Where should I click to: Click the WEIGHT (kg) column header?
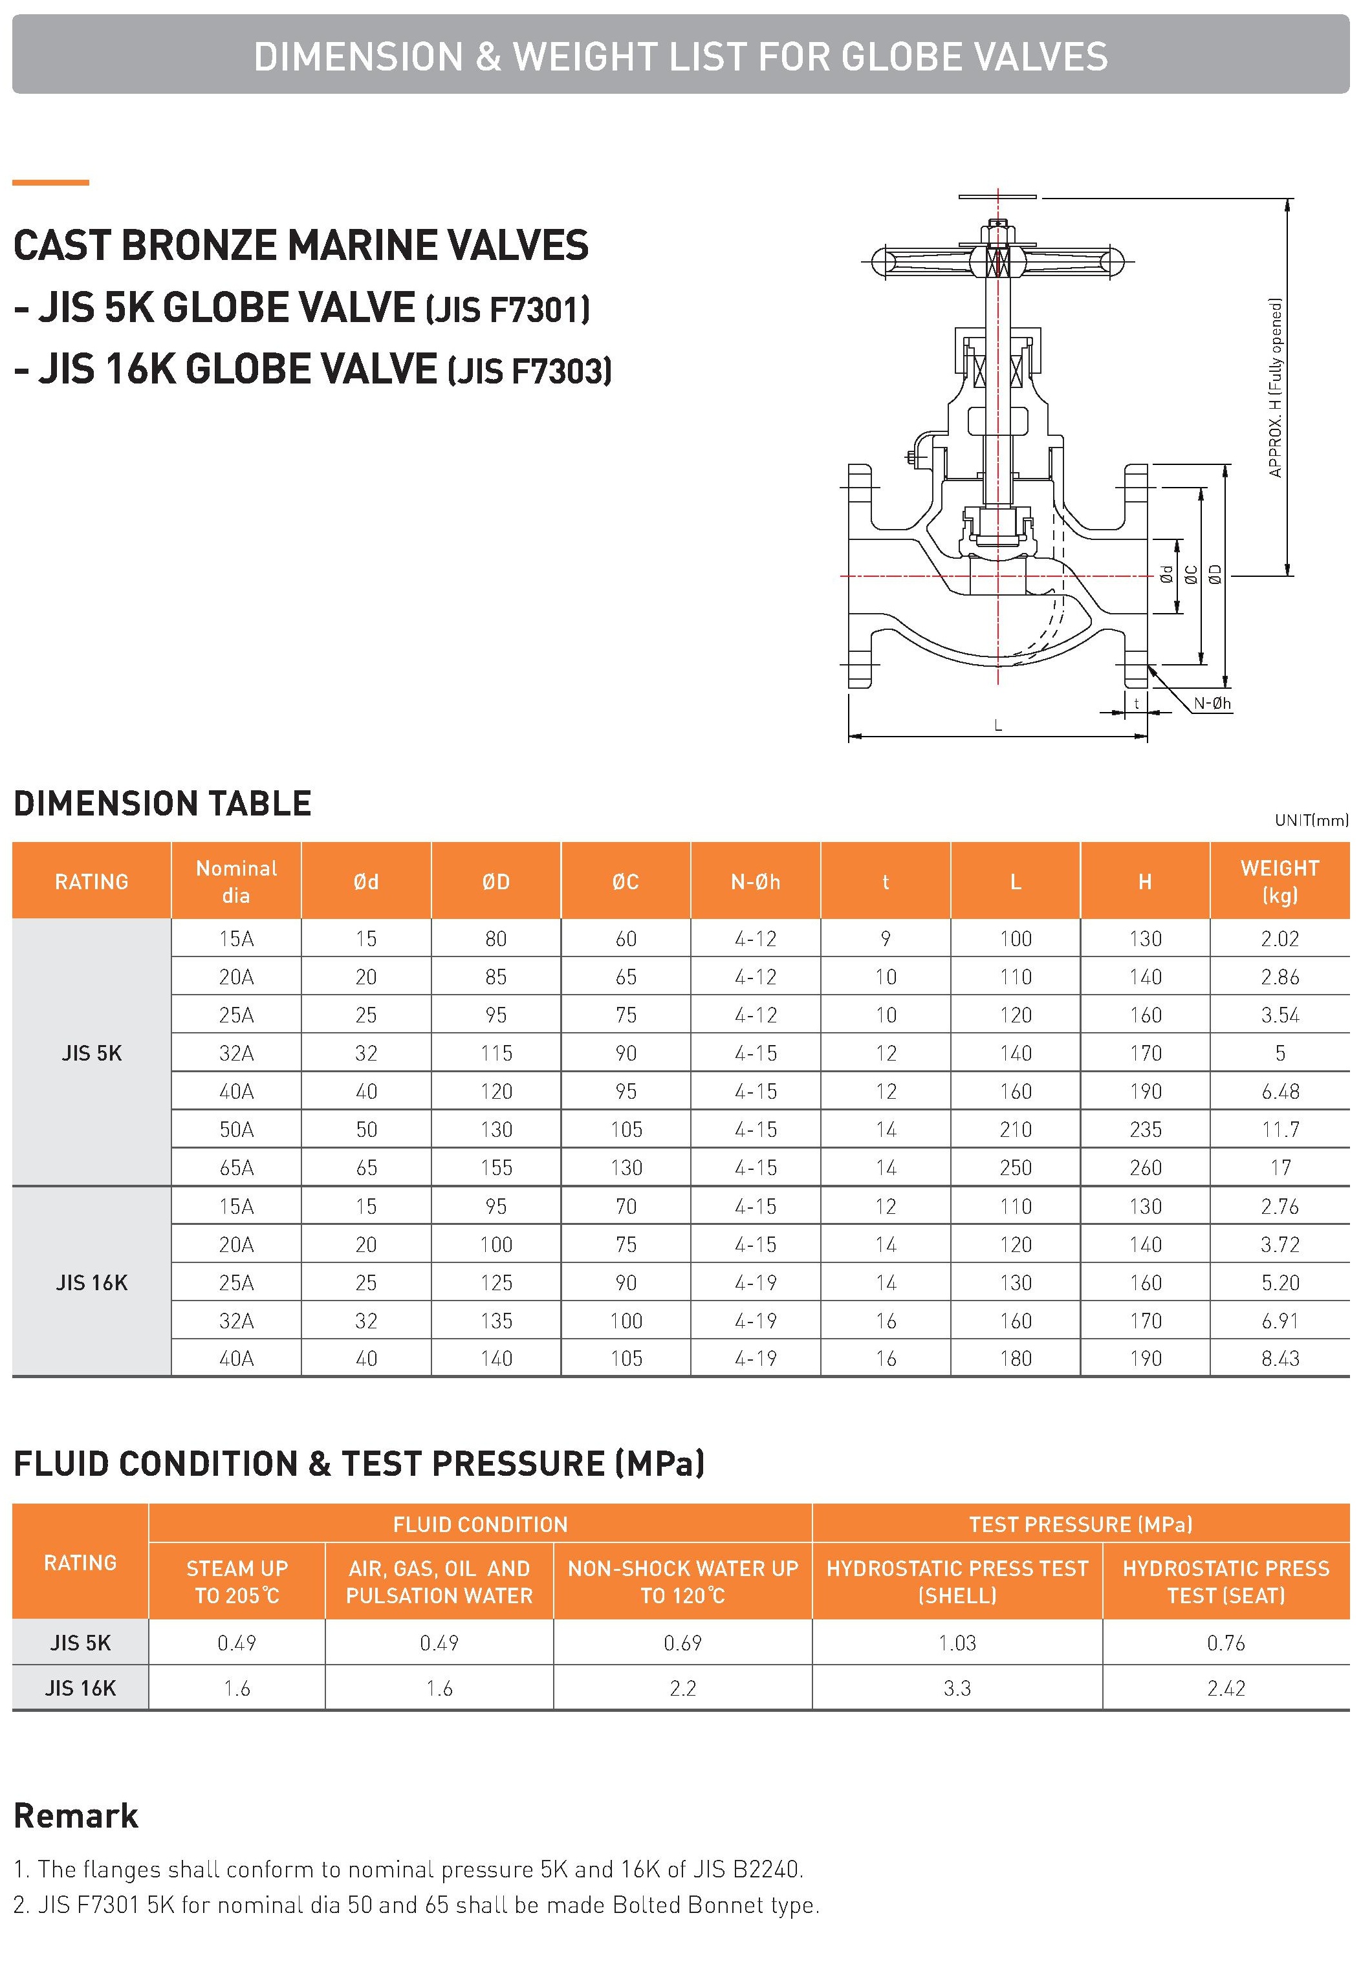pos(1279,881)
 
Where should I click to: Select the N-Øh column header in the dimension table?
pos(756,881)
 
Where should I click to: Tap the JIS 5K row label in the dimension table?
pos(91,1053)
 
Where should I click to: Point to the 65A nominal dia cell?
pos(236,1167)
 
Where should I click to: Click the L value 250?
pos(1016,1167)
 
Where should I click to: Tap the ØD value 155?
pos(495,1167)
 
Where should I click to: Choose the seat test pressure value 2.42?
pos(1225,1687)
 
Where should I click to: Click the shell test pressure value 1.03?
pos(957,1642)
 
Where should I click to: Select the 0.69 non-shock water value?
pos(682,1642)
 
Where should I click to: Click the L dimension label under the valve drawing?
pos(997,726)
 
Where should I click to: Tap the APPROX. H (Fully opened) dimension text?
pos(1276,387)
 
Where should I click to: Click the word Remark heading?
pos(76,1816)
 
